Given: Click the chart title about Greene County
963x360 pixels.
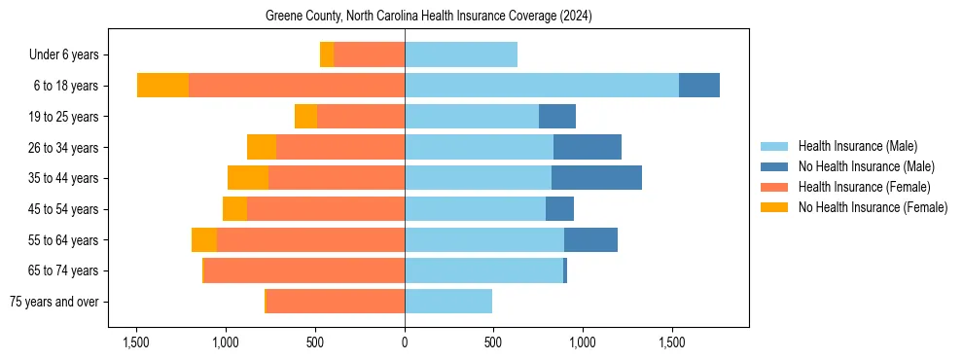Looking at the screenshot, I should point(428,17).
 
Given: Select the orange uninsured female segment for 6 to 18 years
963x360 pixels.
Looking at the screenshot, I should point(162,86).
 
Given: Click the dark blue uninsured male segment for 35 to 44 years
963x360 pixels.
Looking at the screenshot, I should point(596,178).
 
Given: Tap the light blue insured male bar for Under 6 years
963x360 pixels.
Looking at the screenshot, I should point(461,54).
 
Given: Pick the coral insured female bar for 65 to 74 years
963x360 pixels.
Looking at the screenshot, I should point(304,270).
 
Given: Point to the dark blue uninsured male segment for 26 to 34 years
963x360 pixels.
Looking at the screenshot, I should point(588,147).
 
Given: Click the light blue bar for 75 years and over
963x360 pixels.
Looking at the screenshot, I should point(448,302).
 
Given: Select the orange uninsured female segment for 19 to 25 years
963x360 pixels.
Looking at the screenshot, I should point(305,117).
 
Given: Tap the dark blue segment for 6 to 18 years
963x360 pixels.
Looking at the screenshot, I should point(699,86).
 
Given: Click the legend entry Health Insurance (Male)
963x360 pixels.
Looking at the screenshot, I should point(857,147).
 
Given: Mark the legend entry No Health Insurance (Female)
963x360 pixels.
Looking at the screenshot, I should point(873,207).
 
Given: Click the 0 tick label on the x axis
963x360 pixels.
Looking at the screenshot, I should point(405,342).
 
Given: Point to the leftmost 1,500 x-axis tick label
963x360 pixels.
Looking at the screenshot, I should point(136,342).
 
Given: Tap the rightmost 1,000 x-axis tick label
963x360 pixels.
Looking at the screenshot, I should point(583,342).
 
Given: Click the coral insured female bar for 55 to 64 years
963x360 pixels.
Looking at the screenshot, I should point(310,239).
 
